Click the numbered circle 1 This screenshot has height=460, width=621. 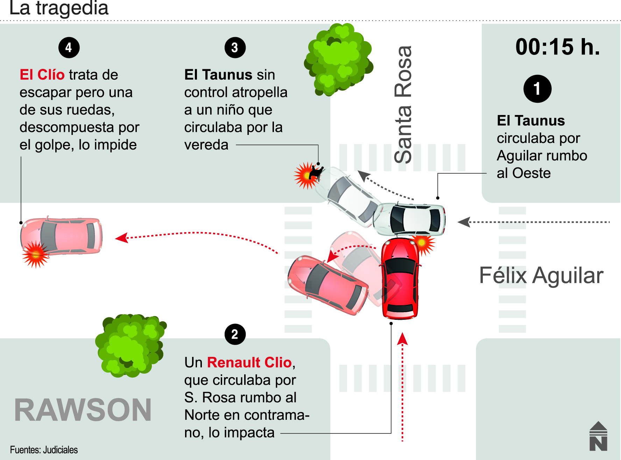pos(537,89)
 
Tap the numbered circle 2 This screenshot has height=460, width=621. pos(235,334)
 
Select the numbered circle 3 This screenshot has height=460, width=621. pos(235,48)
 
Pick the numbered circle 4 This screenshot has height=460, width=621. pos(69,48)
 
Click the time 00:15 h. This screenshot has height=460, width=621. pos(557,47)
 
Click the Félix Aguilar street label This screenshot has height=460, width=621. pos(541,275)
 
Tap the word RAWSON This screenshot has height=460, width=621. pos(83,410)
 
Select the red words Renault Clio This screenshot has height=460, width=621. pos(249,362)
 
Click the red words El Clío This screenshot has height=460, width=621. pos(42,75)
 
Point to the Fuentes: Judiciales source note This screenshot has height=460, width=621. pos(44,450)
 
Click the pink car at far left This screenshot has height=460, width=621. pos(62,236)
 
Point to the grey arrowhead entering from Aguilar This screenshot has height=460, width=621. pos(464,222)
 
